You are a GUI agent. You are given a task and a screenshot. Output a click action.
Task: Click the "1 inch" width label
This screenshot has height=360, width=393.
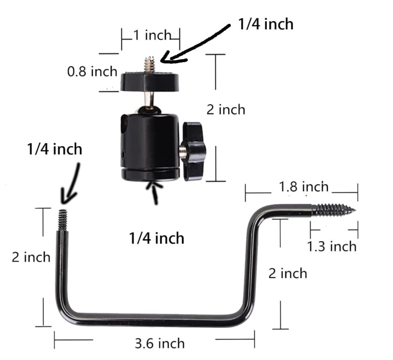click(152, 35)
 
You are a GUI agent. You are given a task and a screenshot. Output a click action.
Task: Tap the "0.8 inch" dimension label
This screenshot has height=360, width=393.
click(92, 71)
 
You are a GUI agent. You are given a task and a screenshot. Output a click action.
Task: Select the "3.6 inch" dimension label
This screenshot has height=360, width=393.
click(160, 343)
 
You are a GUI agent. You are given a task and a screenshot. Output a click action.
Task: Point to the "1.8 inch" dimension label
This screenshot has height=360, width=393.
click(304, 187)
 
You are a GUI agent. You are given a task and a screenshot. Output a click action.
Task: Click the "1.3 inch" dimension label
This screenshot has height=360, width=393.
click(332, 246)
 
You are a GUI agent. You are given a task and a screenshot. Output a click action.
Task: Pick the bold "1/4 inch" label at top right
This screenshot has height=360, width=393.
click(266, 24)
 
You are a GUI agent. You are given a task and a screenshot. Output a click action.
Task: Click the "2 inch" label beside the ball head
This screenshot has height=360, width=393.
click(226, 110)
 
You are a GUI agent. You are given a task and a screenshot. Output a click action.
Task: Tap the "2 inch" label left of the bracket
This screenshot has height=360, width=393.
click(31, 257)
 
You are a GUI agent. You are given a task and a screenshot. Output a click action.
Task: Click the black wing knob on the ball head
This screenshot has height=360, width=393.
click(194, 151)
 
